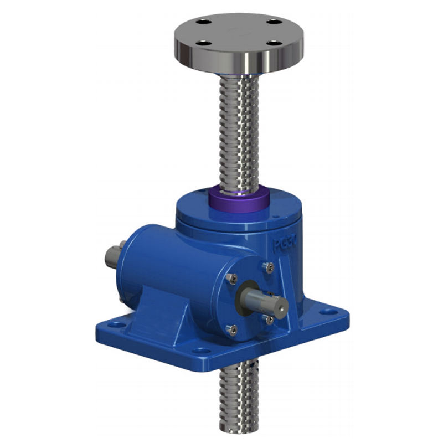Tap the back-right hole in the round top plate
271,22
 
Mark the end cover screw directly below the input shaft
269,320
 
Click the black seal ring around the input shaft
246,298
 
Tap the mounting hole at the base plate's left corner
118,323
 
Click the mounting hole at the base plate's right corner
329,311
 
